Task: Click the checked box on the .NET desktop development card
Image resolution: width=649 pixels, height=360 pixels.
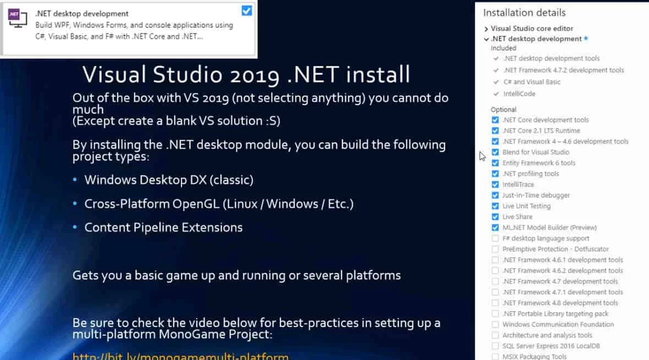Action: point(246,10)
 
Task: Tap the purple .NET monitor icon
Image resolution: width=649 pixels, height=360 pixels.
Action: point(16,18)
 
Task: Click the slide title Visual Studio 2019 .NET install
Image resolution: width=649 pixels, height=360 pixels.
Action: point(246,74)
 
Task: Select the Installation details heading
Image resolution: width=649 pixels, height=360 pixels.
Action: point(524,13)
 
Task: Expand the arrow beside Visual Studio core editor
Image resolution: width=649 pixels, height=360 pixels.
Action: point(486,29)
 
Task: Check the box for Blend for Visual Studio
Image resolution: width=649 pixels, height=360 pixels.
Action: point(496,152)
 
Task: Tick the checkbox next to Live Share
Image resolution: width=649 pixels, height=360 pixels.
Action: point(496,217)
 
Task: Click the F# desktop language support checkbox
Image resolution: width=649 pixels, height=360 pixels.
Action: point(496,239)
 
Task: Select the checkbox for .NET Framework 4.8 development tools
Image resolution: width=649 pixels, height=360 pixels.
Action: point(496,303)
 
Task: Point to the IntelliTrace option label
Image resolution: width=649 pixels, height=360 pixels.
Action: point(518,185)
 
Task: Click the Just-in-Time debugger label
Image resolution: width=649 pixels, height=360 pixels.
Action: point(536,195)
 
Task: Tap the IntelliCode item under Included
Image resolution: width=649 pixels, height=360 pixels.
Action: point(519,94)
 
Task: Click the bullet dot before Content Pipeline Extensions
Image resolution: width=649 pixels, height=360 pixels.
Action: point(76,228)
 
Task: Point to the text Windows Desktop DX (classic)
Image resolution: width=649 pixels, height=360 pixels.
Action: point(169,180)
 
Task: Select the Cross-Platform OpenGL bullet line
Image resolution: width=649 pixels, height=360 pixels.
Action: point(218,204)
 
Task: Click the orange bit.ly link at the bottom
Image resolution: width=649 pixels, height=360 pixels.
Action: point(180,356)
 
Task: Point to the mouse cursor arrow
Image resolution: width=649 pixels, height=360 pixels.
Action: point(482,156)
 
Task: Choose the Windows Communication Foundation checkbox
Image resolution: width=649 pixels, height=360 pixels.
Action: point(496,324)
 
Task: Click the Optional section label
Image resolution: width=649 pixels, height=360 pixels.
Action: point(503,109)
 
